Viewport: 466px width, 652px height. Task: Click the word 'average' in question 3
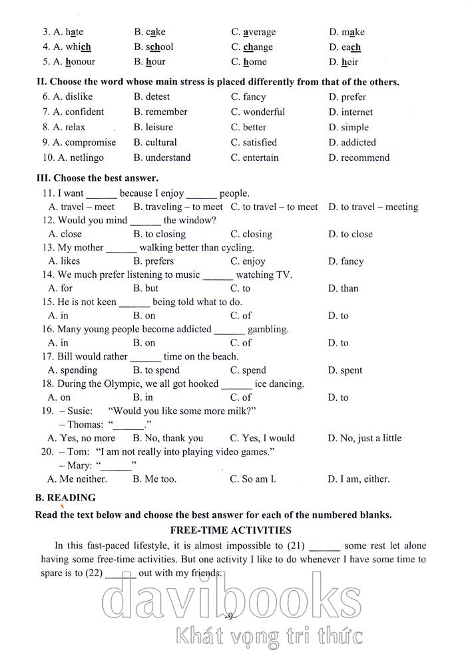click(259, 32)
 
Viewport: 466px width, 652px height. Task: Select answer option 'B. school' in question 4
click(154, 47)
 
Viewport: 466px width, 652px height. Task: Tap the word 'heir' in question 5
click(349, 62)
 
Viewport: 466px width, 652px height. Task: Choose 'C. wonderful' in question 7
click(258, 112)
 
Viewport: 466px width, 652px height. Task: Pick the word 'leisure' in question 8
click(159, 128)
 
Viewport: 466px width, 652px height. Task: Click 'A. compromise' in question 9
click(83, 142)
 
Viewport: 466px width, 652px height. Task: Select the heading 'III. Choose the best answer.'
click(97, 178)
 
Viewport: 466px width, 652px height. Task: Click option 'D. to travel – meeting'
click(373, 207)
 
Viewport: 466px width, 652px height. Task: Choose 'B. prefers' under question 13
click(154, 261)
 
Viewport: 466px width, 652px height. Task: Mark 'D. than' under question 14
click(344, 288)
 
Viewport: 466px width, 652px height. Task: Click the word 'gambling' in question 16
click(268, 329)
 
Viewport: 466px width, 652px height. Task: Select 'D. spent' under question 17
click(346, 370)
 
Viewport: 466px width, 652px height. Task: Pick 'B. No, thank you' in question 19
click(168, 438)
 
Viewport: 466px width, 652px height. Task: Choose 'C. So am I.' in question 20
click(253, 479)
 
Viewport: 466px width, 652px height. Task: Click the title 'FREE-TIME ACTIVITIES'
click(231, 530)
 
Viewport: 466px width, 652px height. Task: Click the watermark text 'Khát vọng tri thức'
click(269, 636)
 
